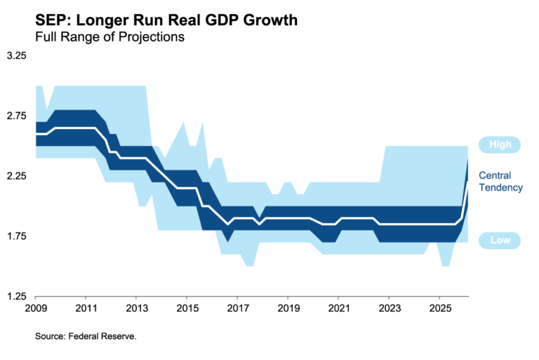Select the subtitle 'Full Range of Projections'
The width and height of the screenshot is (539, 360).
coord(109,37)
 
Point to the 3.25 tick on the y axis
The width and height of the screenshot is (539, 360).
coord(16,56)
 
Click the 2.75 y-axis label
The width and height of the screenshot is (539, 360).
coord(16,116)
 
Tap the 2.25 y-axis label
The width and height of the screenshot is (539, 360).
coord(16,176)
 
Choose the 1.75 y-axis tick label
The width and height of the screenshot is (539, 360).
coord(16,236)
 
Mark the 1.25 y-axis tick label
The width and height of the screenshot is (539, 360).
coord(16,297)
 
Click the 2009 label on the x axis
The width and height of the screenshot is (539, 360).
coord(35,309)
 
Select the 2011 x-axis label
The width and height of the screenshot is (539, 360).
coord(86,309)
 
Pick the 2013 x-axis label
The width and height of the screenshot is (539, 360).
coord(136,309)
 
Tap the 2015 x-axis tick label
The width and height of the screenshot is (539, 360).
coord(187,309)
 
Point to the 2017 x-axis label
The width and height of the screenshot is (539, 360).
coord(237,309)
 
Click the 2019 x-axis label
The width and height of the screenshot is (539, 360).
coord(288,309)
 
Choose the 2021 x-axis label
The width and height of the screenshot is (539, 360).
coord(338,309)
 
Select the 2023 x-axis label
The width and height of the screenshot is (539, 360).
coord(389,309)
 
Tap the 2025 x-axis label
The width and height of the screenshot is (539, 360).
coord(439,309)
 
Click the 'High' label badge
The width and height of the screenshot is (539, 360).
coord(500,145)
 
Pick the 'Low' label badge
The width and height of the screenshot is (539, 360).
coord(500,241)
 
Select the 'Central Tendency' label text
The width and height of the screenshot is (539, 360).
coord(500,181)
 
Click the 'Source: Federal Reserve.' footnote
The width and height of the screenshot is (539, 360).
coord(86,337)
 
